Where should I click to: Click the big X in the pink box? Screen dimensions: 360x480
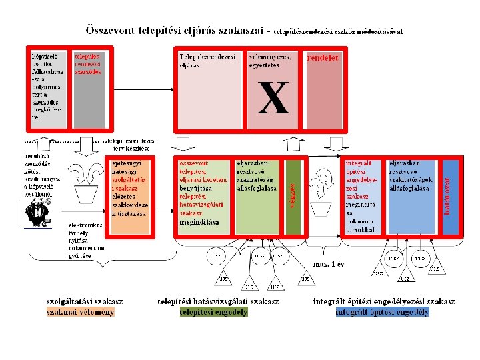pyautogui.click(x=274, y=98)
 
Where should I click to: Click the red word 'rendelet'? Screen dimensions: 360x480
pyautogui.click(x=323, y=57)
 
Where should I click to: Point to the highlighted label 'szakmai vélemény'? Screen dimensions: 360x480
pyautogui.click(x=80, y=311)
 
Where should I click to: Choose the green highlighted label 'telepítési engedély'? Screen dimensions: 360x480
pyautogui.click(x=213, y=311)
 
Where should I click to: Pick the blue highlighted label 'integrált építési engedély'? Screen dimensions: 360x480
pyautogui.click(x=383, y=311)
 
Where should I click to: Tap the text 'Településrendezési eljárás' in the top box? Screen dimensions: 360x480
pyautogui.click(x=207, y=61)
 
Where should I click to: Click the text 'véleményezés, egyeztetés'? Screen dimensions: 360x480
pyautogui.click(x=269, y=61)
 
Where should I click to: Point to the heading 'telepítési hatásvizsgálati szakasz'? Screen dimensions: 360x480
pyautogui.click(x=218, y=301)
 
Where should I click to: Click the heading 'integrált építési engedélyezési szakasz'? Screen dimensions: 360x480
pyautogui.click(x=383, y=301)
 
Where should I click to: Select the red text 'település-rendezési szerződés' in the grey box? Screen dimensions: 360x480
pyautogui.click(x=88, y=64)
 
